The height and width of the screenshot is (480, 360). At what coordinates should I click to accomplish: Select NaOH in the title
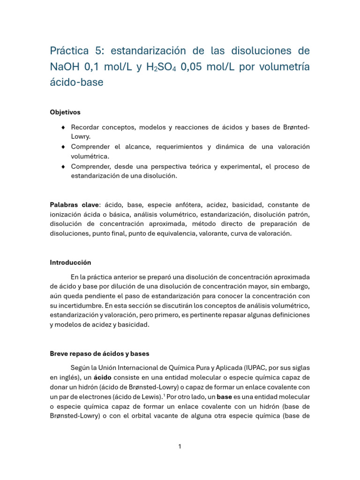pyautogui.click(x=65, y=67)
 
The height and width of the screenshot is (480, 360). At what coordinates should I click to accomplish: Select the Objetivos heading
pyautogui.click(x=65, y=112)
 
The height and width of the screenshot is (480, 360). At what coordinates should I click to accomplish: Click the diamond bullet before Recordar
pyautogui.click(x=63, y=127)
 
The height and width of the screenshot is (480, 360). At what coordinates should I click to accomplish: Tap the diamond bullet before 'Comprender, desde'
pyautogui.click(x=63, y=167)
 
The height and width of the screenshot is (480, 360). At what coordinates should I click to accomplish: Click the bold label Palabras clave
pyautogui.click(x=75, y=205)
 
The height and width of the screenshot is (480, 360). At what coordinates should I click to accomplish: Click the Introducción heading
pyautogui.click(x=70, y=262)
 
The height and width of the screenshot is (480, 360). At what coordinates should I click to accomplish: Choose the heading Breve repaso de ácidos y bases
pyautogui.click(x=99, y=353)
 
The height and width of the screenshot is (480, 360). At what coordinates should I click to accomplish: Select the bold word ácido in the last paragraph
pyautogui.click(x=103, y=377)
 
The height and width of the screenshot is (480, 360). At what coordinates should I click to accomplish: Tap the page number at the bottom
pyautogui.click(x=180, y=447)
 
